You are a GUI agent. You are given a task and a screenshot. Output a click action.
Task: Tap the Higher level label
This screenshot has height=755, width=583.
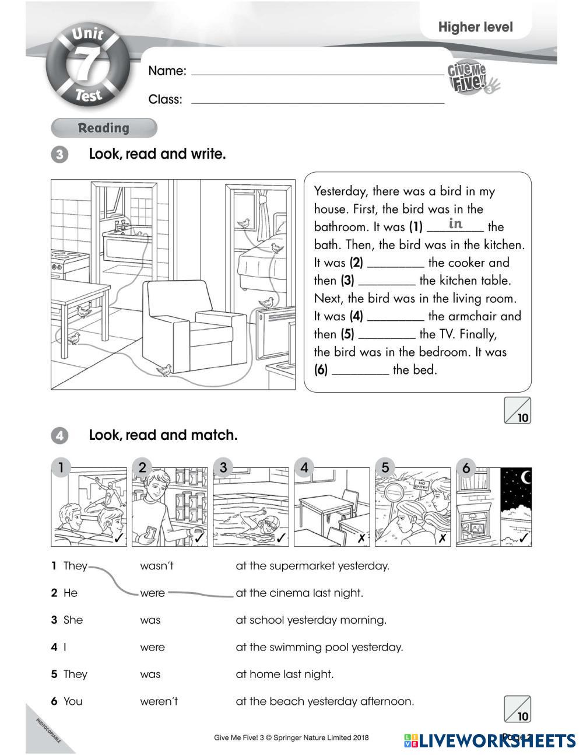(x=475, y=27)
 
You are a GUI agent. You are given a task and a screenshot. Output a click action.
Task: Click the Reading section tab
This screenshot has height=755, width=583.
(x=104, y=128)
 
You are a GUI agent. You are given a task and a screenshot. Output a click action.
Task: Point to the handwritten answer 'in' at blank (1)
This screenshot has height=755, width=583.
(x=455, y=223)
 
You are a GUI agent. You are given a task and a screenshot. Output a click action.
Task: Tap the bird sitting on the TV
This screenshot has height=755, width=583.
(x=267, y=303)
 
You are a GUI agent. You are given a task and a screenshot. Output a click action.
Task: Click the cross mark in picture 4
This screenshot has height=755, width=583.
(x=361, y=538)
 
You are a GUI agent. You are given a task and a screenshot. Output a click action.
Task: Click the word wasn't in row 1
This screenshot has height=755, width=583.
(x=157, y=565)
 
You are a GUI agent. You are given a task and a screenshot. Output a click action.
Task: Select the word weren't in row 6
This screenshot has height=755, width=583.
(x=159, y=701)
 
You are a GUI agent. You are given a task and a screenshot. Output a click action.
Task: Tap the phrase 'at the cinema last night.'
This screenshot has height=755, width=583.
(x=299, y=593)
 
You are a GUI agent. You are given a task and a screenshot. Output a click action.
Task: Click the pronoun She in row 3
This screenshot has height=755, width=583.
(x=73, y=620)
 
